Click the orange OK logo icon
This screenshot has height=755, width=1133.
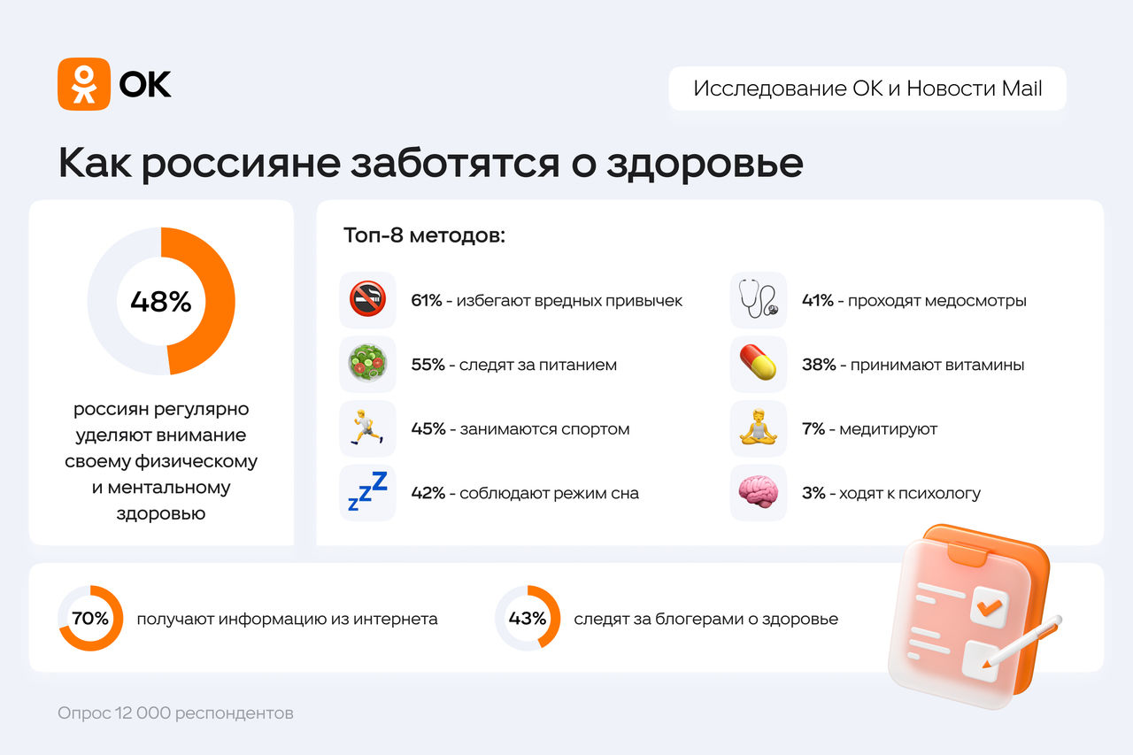[84, 84]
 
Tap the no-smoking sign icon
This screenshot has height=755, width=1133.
[367, 299]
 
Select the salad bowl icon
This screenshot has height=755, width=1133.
[367, 363]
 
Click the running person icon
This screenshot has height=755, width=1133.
[367, 428]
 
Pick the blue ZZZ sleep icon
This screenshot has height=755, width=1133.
[367, 491]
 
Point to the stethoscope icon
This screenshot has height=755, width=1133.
[759, 299]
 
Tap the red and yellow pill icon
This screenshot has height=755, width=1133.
[759, 362]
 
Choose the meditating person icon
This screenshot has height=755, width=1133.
[759, 428]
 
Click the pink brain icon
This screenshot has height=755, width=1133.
[759, 491]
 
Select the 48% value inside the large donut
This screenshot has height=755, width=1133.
[161, 302]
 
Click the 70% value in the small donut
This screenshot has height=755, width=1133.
[90, 618]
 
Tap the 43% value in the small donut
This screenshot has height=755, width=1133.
[527, 618]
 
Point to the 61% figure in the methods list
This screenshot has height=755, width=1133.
[427, 300]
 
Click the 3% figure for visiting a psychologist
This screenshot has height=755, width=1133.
[813, 492]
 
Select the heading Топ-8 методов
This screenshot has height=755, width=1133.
[424, 235]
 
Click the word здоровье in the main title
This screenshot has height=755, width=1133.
[705, 164]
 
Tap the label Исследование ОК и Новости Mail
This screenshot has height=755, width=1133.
[867, 89]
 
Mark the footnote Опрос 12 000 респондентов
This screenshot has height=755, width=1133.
[175, 713]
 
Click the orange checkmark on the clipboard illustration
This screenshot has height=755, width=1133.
[990, 607]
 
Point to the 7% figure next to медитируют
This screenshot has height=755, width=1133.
[813, 428]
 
